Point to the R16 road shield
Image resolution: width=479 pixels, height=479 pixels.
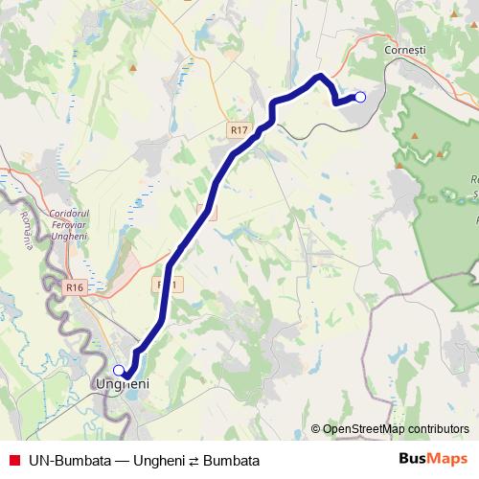pos(77,286)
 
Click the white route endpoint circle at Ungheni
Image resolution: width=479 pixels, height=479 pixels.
pos(119,370)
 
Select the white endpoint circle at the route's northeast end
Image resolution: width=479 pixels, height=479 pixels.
pos(360,96)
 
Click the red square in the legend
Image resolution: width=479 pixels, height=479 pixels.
pos(13,461)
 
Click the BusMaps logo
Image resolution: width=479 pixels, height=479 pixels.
pos(433,460)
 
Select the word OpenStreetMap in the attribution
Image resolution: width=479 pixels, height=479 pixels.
pos(364,429)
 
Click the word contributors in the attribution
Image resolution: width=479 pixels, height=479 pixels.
pos(438,429)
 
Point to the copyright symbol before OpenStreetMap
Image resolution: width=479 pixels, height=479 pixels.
pos(316,429)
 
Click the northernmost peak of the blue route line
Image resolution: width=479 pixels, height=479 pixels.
pos(321,76)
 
